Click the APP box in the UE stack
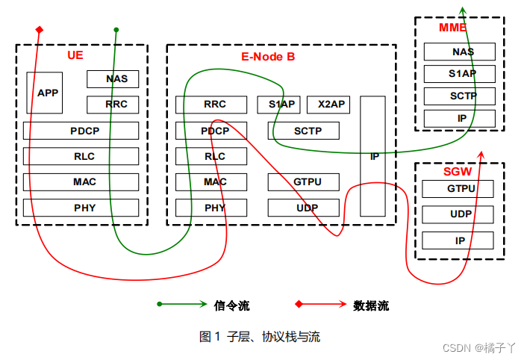point(44,93)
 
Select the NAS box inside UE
point(113,78)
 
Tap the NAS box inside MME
point(460,52)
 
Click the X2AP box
point(328,105)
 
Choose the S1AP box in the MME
point(460,74)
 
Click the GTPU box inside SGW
point(458,188)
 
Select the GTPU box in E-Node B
point(304,181)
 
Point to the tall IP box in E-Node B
point(373,156)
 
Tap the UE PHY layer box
point(81,208)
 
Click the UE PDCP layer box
point(81,131)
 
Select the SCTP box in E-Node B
point(304,131)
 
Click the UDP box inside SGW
point(458,214)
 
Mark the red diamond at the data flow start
point(39,30)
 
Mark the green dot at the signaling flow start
point(116,30)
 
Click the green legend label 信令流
point(231,305)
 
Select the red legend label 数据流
point(371,305)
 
